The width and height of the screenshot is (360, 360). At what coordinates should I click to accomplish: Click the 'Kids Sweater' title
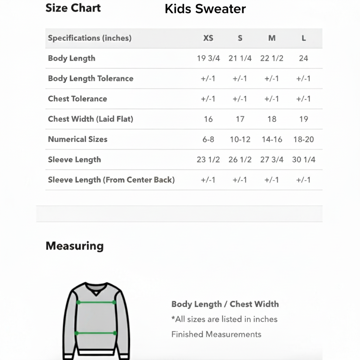(205, 9)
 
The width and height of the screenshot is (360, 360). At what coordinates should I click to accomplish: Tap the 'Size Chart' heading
(73, 8)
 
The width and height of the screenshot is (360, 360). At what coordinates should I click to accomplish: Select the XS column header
(208, 38)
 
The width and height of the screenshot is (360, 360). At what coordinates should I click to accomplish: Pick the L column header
(303, 38)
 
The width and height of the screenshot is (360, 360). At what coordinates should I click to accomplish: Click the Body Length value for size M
(271, 58)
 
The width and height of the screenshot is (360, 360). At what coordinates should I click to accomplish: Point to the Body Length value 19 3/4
(208, 58)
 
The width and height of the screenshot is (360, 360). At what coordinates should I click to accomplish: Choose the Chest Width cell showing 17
(240, 119)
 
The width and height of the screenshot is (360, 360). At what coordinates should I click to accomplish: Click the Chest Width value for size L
(303, 119)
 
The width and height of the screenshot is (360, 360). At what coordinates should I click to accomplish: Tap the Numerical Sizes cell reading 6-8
(208, 140)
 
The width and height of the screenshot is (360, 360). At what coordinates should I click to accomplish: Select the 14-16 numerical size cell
(272, 140)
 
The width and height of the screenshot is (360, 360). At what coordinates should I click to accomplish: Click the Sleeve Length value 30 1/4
(303, 160)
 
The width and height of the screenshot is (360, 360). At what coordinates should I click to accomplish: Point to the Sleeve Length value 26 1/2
(240, 160)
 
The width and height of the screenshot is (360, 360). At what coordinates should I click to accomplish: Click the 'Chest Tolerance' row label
(77, 99)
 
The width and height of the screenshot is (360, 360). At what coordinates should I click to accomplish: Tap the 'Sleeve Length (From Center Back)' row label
(111, 180)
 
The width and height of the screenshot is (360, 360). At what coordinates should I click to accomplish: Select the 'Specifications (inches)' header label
(90, 38)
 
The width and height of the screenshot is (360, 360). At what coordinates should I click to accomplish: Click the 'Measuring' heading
(75, 246)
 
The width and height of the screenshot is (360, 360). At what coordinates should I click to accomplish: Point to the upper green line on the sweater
(96, 302)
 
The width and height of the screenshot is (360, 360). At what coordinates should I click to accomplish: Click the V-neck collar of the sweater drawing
(96, 289)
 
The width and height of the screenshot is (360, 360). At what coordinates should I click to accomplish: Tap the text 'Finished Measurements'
(216, 334)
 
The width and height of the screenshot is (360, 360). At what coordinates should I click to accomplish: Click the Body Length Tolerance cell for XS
(208, 79)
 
